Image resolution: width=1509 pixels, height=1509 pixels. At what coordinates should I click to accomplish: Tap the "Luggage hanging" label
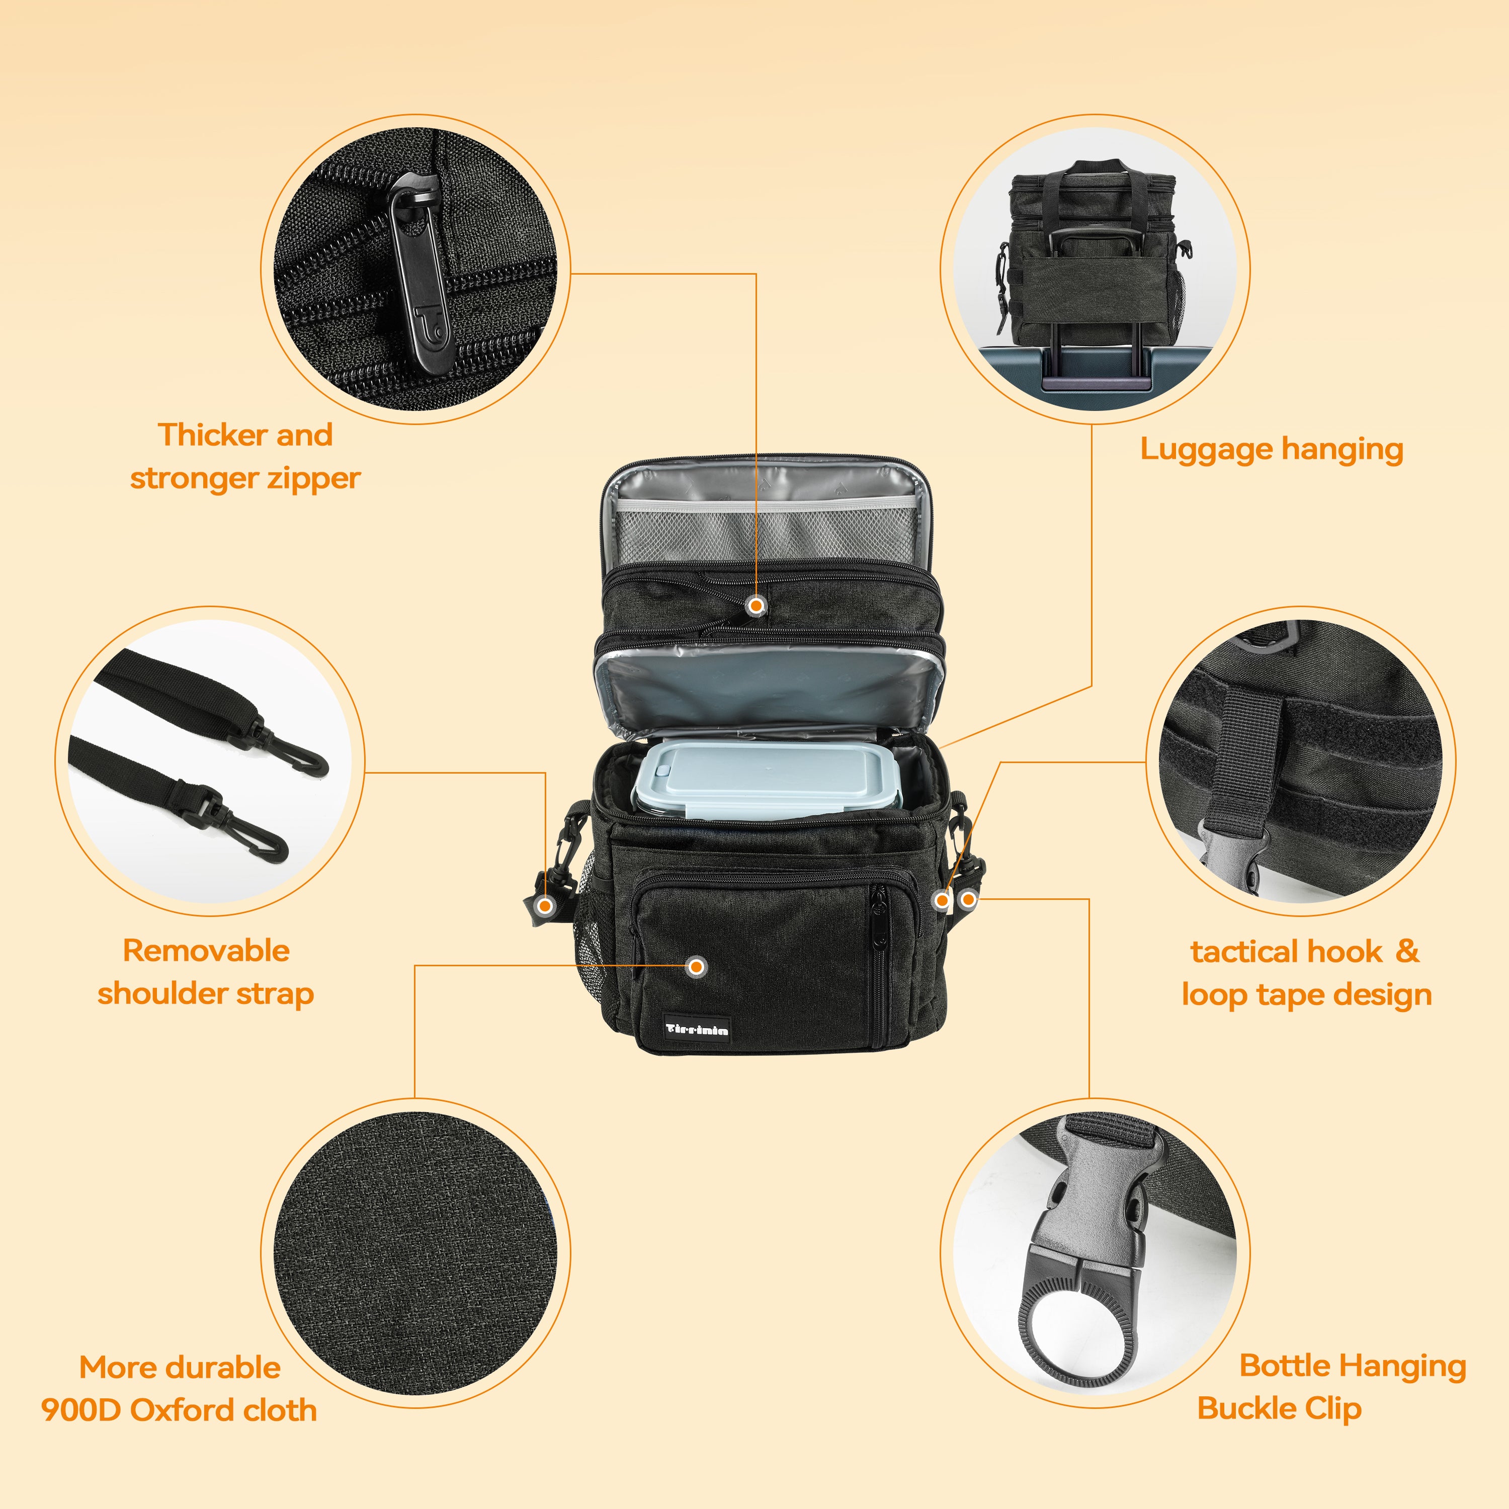click(x=1272, y=450)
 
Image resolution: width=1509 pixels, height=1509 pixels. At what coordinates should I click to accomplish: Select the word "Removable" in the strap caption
click(x=206, y=951)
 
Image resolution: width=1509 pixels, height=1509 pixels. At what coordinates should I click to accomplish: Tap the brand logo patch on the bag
click(x=697, y=1029)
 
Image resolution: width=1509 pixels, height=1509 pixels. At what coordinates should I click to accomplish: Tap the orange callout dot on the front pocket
click(x=697, y=967)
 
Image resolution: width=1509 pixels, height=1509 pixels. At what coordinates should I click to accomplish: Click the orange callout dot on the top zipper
click(x=756, y=605)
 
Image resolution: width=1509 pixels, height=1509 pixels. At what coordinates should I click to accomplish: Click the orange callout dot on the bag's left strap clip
click(x=546, y=906)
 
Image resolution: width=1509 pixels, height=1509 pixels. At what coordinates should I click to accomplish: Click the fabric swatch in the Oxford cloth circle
click(x=415, y=1253)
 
